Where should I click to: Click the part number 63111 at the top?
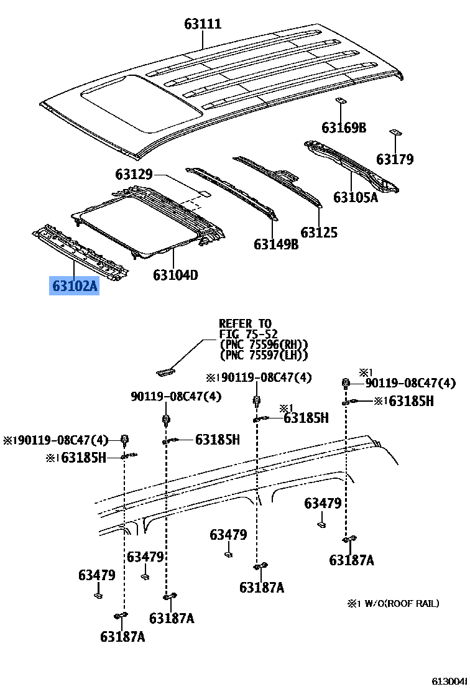coord(203,25)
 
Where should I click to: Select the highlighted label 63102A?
coord(75,287)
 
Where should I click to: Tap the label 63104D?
coord(176,274)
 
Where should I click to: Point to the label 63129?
coord(134,175)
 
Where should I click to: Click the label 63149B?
coord(276,244)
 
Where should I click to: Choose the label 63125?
coord(319,233)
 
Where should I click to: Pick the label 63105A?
coord(355,198)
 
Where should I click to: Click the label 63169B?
coord(344,128)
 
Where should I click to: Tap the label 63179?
coord(395,159)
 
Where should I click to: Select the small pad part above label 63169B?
coord(341,101)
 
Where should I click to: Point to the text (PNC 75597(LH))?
coord(264,355)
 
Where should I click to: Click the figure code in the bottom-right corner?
coord(450,681)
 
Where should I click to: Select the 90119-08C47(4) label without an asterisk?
coord(176,396)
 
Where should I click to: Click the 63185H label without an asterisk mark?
coord(217,440)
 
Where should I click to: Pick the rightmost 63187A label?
coord(351,560)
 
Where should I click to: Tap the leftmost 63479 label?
coord(97,575)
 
